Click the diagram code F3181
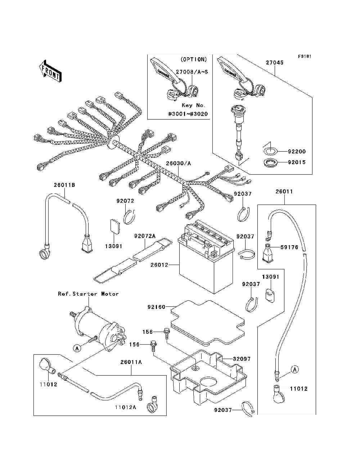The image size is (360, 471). tap(305, 57)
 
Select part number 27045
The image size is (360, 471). tap(275, 63)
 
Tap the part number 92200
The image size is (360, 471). tap(297, 152)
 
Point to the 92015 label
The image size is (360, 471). tap(297, 162)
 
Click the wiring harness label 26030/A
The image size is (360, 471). tap(178, 163)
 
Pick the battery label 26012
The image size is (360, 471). tap(159, 265)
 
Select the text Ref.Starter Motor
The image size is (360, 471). tap(88, 294)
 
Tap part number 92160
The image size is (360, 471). tap(156, 307)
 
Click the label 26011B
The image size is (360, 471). tap(64, 185)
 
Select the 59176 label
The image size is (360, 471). tap(289, 247)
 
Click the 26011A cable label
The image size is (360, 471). tap(131, 362)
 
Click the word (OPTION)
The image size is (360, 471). tap(193, 59)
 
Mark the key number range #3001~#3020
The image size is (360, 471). tap(188, 114)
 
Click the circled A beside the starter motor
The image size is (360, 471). tap(76, 348)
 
